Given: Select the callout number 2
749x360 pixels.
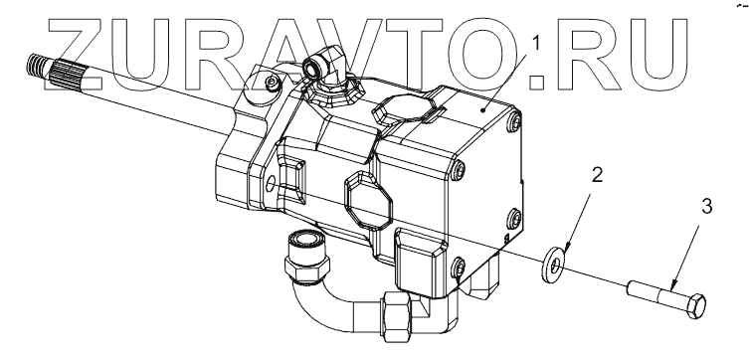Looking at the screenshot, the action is pyautogui.click(x=597, y=175).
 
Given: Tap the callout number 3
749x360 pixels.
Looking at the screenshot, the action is pyautogui.click(x=707, y=206).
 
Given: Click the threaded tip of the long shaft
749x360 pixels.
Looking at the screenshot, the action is pyautogui.click(x=36, y=66).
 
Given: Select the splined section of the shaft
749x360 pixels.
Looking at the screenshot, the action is pyautogui.click(x=65, y=76).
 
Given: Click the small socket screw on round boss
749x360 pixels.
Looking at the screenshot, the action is pyautogui.click(x=273, y=84).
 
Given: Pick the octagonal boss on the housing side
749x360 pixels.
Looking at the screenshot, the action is pyautogui.click(x=368, y=199).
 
